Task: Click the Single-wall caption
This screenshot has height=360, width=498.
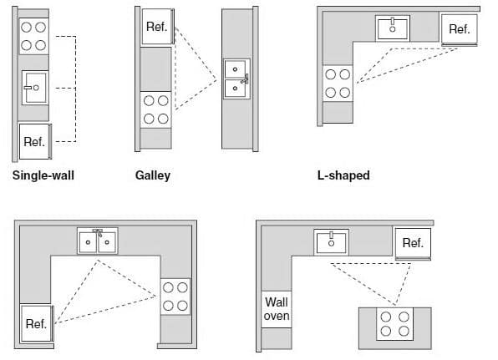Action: point(43,175)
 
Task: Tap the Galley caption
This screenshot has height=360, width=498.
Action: point(153,175)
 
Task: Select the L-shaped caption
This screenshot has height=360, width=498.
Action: point(343,175)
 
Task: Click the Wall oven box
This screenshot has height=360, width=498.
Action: point(277,309)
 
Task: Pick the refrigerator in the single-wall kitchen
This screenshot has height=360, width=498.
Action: point(35,141)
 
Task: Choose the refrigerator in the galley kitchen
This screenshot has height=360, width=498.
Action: point(158,27)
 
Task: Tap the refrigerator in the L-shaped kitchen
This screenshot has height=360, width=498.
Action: point(460,29)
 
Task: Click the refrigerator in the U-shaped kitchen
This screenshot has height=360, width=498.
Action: point(37,323)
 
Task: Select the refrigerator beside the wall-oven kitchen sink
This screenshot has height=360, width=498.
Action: point(413,244)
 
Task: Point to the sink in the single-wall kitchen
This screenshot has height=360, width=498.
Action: point(35,88)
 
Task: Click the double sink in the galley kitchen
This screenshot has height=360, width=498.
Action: point(236,79)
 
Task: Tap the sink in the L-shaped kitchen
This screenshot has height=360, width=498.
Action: point(393,28)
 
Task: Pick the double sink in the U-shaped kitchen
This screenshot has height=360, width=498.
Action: point(98,241)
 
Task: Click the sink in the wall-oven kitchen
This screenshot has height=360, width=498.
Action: point(331,242)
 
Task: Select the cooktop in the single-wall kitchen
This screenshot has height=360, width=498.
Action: point(33,36)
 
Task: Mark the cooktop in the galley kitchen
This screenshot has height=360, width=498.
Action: point(156,110)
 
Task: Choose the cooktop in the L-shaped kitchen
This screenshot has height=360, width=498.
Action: point(338,84)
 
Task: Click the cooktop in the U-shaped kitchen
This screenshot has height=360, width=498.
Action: point(175,297)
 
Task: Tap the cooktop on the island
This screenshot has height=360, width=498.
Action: point(394,324)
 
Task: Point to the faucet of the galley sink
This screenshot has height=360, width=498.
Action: point(245,79)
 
